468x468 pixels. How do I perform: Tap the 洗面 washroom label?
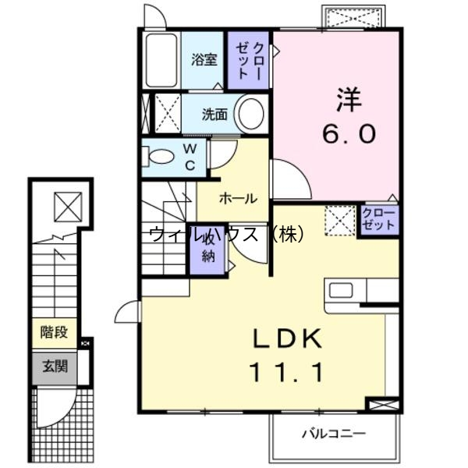tap(214, 115)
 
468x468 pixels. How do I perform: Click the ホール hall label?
tap(238, 198)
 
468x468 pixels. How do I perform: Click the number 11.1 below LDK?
tap(286, 374)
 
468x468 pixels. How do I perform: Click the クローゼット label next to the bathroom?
tap(250, 59)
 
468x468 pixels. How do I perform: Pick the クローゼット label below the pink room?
tap(379, 218)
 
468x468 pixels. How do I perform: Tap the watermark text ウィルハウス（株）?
tap(226, 233)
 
